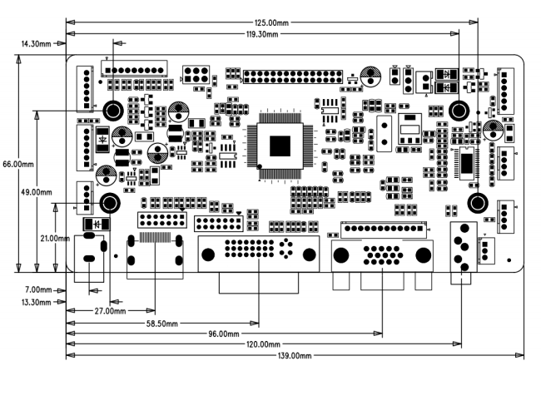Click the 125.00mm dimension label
[x=271, y=22]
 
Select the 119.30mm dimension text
[x=261, y=34]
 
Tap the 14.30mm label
[x=36, y=44]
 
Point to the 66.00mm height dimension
[x=18, y=164]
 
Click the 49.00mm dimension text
[x=37, y=192]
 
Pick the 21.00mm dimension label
[x=55, y=238]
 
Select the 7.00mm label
[x=38, y=289]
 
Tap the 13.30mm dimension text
[x=37, y=303]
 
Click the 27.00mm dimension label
[x=110, y=311]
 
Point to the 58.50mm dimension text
[x=162, y=324]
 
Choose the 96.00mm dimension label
[x=224, y=334]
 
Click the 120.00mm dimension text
[x=263, y=344]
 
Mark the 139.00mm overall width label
[x=295, y=355]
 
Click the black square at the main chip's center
[x=280, y=146]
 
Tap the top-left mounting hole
[x=113, y=111]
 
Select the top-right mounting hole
[x=459, y=111]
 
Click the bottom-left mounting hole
[x=110, y=203]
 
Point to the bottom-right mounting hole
[x=478, y=203]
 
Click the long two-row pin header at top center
[x=293, y=77]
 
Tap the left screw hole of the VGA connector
[x=341, y=255]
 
